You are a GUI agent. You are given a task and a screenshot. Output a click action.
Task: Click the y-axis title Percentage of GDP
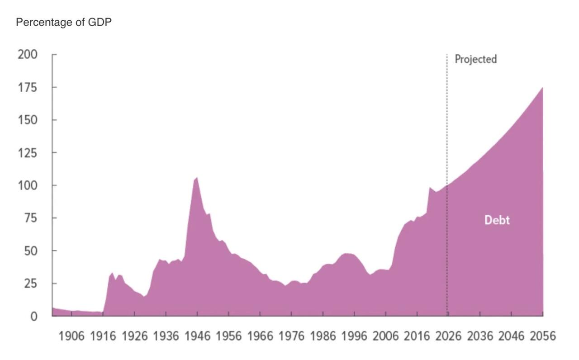click(64, 22)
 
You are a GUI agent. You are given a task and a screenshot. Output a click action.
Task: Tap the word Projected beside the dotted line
click(475, 59)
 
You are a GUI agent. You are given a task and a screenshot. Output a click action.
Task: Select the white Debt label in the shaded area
click(497, 220)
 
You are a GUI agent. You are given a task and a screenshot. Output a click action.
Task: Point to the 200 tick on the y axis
click(28, 55)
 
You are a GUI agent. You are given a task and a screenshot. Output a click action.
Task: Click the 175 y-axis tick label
click(28, 88)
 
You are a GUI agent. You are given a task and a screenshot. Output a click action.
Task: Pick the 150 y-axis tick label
click(28, 120)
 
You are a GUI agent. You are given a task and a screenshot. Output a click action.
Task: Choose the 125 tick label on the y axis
click(28, 153)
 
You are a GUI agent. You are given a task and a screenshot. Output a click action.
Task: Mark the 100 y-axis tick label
click(28, 185)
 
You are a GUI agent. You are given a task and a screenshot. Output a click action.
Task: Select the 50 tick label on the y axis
click(31, 251)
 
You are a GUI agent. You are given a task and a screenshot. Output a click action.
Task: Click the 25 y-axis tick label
click(31, 284)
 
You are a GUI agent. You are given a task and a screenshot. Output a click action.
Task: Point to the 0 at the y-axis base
click(34, 316)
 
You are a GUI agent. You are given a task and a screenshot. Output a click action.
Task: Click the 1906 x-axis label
click(71, 336)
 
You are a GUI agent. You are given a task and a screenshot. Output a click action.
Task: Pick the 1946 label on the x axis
click(198, 336)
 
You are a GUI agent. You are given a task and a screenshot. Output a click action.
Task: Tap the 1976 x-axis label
click(292, 336)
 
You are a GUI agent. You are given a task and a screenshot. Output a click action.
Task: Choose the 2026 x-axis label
click(448, 336)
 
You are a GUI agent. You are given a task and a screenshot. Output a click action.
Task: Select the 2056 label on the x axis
click(543, 336)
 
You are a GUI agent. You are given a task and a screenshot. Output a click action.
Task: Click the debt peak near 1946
click(197, 178)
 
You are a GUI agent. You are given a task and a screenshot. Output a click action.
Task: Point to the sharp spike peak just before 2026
click(430, 188)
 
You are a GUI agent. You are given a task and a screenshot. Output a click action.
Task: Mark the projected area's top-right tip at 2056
click(542, 88)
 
